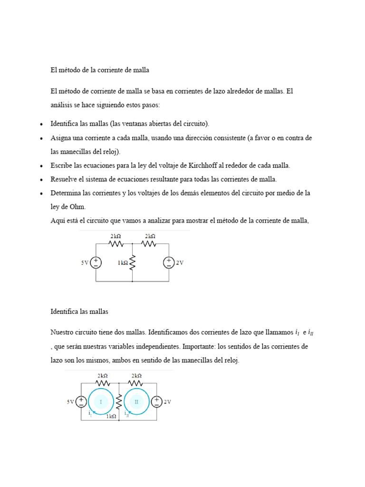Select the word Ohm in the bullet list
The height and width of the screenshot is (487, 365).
click(x=78, y=207)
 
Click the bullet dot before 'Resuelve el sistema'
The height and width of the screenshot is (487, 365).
click(x=41, y=180)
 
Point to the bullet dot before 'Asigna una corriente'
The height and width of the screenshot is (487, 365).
click(x=41, y=138)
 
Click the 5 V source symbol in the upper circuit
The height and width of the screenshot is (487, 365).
click(x=96, y=263)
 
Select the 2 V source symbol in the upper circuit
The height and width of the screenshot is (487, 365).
click(x=169, y=263)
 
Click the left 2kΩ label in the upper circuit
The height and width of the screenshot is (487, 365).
click(x=115, y=236)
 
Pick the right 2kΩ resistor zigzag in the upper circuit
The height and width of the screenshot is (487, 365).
click(x=149, y=243)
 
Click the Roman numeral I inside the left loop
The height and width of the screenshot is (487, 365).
click(x=100, y=402)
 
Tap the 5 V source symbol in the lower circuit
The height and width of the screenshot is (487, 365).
click(x=81, y=402)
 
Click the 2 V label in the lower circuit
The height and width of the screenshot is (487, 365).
click(x=167, y=402)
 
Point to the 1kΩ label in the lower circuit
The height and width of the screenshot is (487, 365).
click(x=111, y=416)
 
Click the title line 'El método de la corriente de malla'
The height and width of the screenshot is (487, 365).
click(x=100, y=70)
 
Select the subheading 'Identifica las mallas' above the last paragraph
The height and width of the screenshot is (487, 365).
click(x=79, y=312)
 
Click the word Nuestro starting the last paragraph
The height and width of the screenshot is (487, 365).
click(x=63, y=332)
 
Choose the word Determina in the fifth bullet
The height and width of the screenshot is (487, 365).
click(x=66, y=193)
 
